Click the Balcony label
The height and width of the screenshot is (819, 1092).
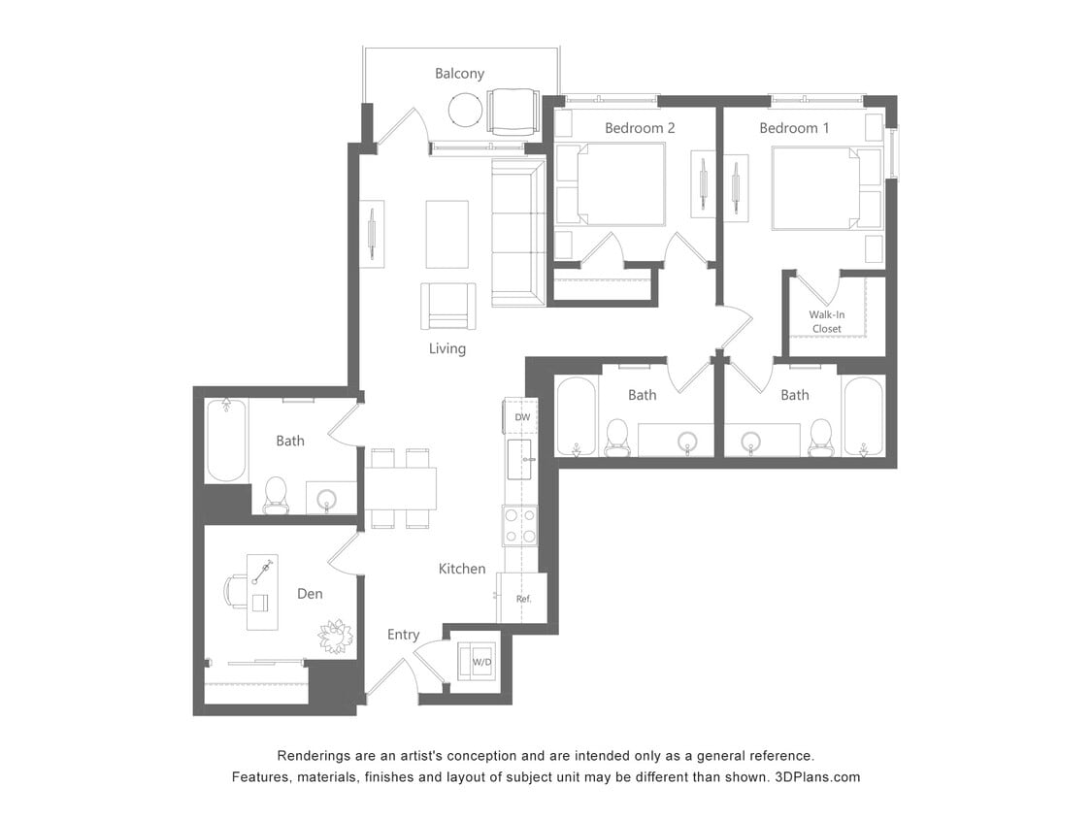coord(459,74)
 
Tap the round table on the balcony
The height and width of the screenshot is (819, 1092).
coord(466,110)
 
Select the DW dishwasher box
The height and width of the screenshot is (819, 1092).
coord(522,417)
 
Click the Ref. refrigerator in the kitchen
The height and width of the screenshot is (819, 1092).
coord(523,599)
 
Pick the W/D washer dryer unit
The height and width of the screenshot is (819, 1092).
coord(480,662)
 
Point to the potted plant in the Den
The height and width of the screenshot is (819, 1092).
coord(335,636)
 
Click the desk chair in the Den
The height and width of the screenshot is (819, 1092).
coord(236,590)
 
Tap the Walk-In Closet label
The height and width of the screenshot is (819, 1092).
coord(826,321)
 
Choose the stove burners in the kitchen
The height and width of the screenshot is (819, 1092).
coord(520,526)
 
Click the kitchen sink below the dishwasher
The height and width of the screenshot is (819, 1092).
coord(521,459)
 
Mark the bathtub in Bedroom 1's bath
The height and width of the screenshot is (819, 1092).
coord(863,415)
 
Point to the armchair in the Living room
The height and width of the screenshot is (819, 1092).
coord(447,306)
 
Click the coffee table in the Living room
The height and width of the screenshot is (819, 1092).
coord(447,234)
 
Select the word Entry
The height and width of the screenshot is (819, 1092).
coord(403,635)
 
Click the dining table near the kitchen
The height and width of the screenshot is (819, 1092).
coord(400,488)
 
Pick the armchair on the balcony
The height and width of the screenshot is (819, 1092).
coord(513,112)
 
